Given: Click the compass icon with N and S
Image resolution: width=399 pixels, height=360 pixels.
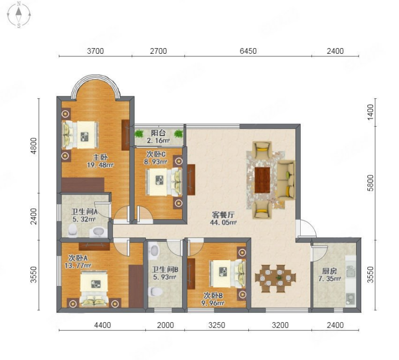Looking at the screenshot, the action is click(19, 15).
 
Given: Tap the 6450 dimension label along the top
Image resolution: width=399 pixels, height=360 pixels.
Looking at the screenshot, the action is click(248, 51).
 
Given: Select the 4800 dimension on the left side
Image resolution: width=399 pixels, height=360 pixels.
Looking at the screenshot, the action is click(34, 146).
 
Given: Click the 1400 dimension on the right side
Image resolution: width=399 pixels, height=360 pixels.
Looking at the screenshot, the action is click(371, 112).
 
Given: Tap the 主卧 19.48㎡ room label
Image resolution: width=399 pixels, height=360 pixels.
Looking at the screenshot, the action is click(100, 161).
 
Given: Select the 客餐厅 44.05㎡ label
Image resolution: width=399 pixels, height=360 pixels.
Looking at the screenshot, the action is click(223, 219).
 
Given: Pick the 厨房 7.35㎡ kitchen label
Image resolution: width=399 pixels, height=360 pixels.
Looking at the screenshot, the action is click(330, 275).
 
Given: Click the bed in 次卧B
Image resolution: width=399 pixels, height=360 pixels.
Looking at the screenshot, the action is click(228, 274).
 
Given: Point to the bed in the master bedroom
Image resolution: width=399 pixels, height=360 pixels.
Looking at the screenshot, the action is click(80, 134).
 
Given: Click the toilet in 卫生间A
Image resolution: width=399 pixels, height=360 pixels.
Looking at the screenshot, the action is click(73, 230).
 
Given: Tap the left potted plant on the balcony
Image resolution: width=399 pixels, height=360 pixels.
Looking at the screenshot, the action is click(139, 133).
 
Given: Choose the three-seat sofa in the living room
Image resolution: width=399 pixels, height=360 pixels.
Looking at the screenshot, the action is click(286, 179).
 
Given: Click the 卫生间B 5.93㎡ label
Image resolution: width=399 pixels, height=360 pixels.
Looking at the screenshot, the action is click(165, 273).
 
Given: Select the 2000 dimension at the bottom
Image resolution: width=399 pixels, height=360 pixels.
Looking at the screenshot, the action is click(166, 325).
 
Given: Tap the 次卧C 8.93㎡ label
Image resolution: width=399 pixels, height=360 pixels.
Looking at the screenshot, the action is click(156, 158).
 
